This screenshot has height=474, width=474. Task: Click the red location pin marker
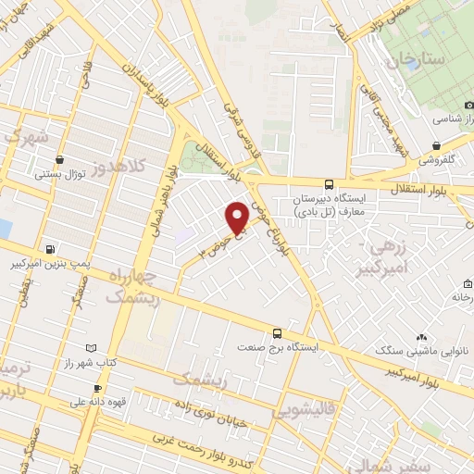pyautogui.click(x=237, y=218)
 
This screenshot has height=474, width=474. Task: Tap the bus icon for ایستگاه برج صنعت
pyautogui.click(x=277, y=333)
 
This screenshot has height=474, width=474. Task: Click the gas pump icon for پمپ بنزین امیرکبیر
pyautogui.click(x=48, y=249)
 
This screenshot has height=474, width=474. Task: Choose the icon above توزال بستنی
pyautogui.click(x=60, y=158)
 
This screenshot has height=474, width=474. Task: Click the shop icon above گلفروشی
pyautogui.click(x=436, y=145)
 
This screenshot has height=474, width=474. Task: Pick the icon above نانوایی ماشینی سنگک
pyautogui.click(x=422, y=337)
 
